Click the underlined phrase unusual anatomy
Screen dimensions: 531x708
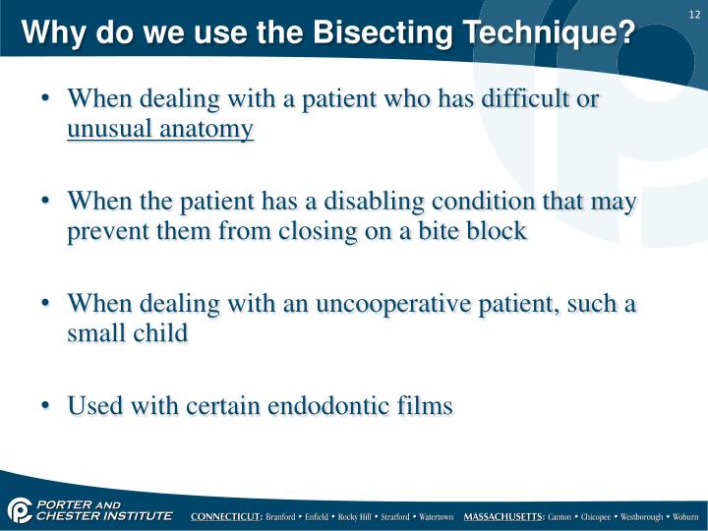160,129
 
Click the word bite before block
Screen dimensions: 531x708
433,231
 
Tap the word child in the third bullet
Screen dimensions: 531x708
158,333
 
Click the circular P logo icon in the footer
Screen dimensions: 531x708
19,510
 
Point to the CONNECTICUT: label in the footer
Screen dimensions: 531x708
226,516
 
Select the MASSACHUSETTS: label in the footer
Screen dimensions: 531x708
504,516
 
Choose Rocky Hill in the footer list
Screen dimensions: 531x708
358,516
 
